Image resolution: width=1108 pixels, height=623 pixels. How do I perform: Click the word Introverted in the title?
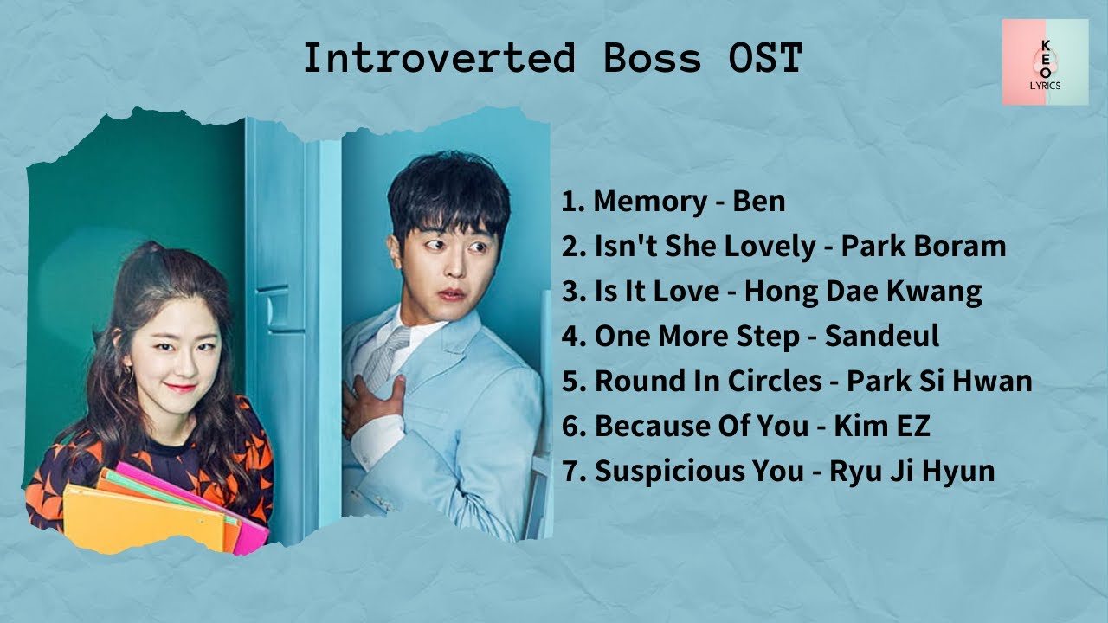click(x=439, y=58)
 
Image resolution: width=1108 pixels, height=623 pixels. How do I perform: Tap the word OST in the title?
click(x=762, y=58)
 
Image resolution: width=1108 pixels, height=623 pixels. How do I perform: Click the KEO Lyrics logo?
click(x=1045, y=62)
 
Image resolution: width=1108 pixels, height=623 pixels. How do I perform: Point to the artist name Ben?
click(x=759, y=201)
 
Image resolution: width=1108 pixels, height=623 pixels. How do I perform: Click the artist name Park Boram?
click(x=924, y=246)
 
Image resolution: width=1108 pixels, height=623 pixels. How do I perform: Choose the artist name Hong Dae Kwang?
click(x=863, y=291)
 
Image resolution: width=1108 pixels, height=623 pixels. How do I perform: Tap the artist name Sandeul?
click(x=881, y=336)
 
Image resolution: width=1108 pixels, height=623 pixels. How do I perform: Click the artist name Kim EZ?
click(x=882, y=426)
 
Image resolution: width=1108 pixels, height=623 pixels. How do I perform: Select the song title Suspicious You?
click(x=699, y=471)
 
